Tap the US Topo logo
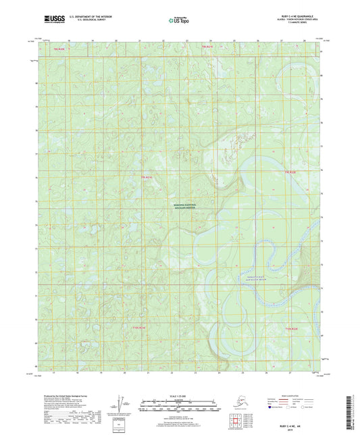[179, 21]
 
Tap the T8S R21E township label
[207, 46]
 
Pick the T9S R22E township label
[290, 173]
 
